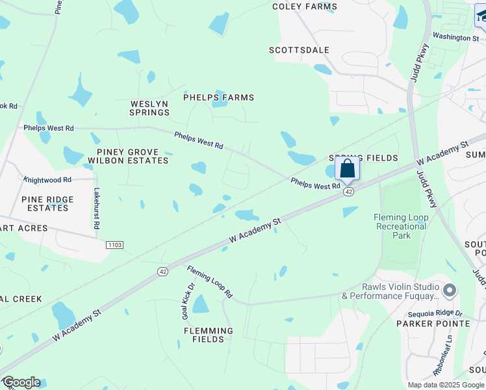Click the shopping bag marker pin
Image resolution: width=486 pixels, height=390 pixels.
pos(348,169)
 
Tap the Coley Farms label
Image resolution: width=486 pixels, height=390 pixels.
pos(305,6)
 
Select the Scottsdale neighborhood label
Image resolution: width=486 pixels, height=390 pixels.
pos(300,50)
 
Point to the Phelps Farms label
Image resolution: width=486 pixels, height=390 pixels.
pos(218,97)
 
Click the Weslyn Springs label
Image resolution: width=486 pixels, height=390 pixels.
pos(149,108)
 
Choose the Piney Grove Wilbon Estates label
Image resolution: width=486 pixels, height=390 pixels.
pos(128,156)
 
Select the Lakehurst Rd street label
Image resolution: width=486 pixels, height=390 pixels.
pos(96,208)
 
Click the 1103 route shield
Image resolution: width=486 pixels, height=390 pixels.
pos(114,244)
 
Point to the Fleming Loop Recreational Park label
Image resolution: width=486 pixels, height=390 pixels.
pos(402,226)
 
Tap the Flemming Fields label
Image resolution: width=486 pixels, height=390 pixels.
pos(208,334)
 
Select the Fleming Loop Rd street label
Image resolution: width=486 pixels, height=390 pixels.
pos(210,281)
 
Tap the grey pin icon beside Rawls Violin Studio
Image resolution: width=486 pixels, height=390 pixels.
pos(449,289)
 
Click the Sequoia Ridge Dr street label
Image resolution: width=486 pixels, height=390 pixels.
pos(431,313)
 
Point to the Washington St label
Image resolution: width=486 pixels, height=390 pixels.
pos(455,38)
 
